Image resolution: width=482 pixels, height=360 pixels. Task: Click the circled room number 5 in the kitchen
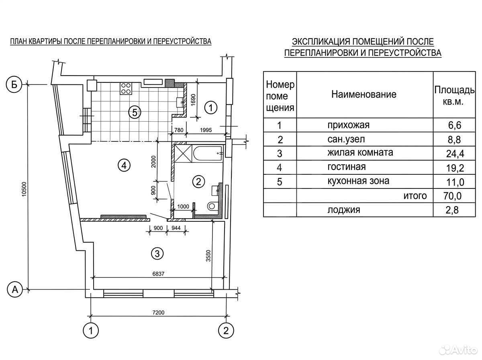(x=135, y=112)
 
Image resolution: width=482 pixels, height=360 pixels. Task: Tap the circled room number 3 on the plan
(x=157, y=254)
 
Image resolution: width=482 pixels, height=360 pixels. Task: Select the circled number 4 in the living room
(x=124, y=165)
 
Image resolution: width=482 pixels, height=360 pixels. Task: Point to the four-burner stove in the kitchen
(x=126, y=88)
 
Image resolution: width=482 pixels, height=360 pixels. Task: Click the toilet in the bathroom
(x=211, y=206)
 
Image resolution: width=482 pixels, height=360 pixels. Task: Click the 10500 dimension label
(x=24, y=189)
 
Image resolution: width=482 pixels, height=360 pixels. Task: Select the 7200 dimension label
(x=158, y=312)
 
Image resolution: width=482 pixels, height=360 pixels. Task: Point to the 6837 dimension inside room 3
(x=158, y=274)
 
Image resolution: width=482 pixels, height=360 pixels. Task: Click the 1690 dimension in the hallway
(x=193, y=100)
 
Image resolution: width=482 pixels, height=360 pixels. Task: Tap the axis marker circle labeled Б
(x=14, y=84)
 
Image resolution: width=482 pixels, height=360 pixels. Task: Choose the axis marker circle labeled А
(x=15, y=290)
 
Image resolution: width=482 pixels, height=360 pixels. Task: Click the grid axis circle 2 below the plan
(x=226, y=331)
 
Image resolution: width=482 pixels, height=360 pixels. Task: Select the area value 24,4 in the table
(x=455, y=153)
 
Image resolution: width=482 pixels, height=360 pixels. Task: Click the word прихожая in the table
(x=349, y=125)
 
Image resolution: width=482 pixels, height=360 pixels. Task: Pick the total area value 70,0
(x=452, y=196)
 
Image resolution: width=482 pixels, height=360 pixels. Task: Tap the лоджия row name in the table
(x=344, y=210)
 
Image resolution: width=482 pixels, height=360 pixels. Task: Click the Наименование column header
(x=364, y=94)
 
